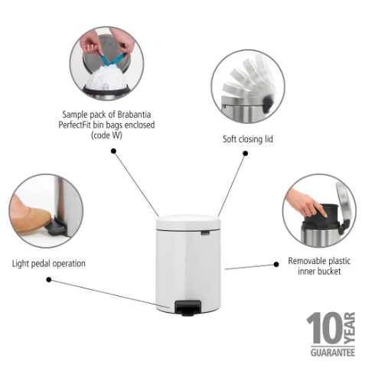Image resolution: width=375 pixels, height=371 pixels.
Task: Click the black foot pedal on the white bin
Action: coord(187,308)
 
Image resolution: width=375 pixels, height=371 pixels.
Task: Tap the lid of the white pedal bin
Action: coord(188,222)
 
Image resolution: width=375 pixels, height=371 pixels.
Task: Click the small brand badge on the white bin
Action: coord(205,233)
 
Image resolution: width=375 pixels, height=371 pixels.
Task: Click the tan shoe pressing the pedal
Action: coord(30,217)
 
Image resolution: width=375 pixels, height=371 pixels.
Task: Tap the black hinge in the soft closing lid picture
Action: coord(268,103)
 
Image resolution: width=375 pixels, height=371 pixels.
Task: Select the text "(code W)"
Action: coord(106,135)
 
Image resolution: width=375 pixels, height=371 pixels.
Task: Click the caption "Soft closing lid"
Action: coord(248,139)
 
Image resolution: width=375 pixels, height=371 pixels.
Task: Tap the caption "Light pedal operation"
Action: coord(49,263)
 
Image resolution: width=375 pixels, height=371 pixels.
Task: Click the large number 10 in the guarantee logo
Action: coord(324,328)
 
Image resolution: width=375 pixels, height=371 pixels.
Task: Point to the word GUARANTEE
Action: coord(333,353)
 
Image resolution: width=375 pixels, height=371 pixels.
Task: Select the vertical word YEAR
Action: coord(350,328)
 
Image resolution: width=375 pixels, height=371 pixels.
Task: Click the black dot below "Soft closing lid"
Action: coord(246,153)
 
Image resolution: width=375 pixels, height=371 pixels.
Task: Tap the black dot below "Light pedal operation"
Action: coord(49,280)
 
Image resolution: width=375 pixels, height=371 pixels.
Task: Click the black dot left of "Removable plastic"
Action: coord(276,265)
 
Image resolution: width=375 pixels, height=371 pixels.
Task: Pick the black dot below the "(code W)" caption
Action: coord(114,151)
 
